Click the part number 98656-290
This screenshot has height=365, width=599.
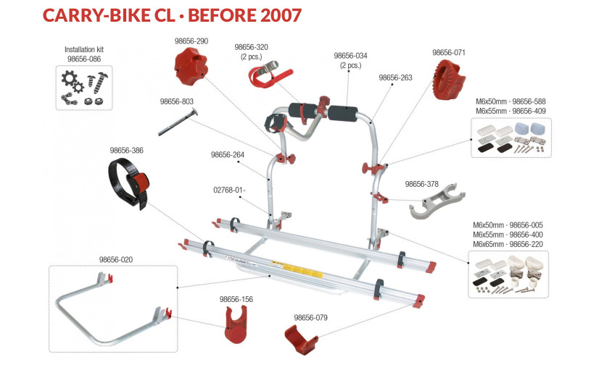click(191, 42)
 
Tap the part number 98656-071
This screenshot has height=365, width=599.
click(449, 53)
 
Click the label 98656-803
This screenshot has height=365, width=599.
click(177, 102)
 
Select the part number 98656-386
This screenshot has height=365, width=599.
click(127, 151)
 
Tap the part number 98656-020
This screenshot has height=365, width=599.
click(116, 259)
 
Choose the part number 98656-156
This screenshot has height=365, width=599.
click(236, 298)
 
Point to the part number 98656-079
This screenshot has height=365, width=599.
click(311, 317)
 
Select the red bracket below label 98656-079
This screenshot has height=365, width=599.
click(304, 338)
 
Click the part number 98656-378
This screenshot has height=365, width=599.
click(421, 184)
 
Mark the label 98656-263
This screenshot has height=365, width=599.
click(395, 77)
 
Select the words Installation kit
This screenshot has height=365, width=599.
click(85, 50)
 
